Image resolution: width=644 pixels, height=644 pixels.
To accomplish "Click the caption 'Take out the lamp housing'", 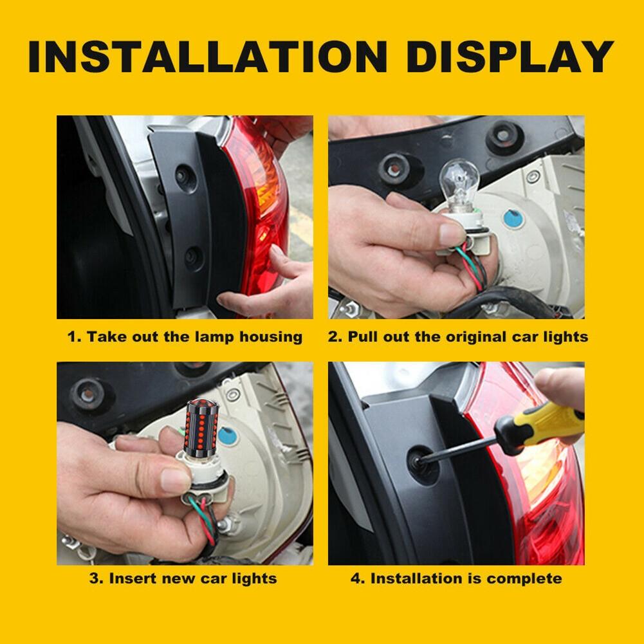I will (185, 336).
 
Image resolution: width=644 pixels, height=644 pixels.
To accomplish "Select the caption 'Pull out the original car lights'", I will (458, 336).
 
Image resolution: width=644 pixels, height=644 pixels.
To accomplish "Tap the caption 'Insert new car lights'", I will (183, 578).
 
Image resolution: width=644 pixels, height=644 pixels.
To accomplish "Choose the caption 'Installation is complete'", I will (457, 578).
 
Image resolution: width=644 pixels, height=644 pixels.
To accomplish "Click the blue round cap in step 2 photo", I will (513, 218).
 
